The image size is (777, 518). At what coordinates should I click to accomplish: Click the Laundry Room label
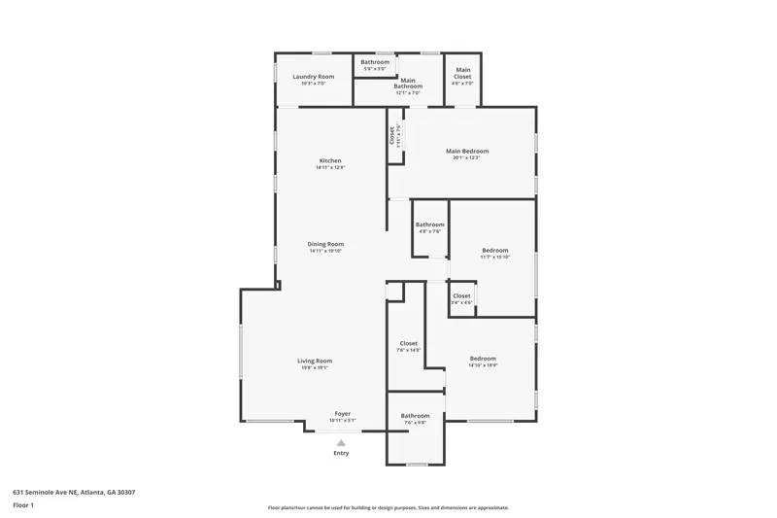(313, 76)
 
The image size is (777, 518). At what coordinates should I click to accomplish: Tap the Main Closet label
(463, 72)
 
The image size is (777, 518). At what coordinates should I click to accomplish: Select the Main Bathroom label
(408, 84)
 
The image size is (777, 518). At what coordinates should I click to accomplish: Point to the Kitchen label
(330, 160)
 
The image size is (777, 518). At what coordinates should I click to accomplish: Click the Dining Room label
(325, 244)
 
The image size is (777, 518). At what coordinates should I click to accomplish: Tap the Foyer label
(343, 413)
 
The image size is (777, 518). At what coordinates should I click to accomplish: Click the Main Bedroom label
(466, 151)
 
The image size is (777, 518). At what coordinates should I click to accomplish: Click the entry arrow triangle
(341, 442)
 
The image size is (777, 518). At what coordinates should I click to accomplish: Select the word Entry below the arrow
(341, 453)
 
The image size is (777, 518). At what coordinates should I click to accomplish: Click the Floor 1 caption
(24, 505)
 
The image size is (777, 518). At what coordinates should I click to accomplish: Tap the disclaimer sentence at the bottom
(388, 507)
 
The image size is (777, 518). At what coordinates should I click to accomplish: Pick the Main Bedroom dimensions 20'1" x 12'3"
(466, 157)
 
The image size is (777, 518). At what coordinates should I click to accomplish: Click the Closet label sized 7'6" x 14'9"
(409, 343)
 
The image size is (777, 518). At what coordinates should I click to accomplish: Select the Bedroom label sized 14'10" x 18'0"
(483, 358)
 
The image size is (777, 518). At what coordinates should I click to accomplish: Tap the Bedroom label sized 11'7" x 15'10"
(494, 251)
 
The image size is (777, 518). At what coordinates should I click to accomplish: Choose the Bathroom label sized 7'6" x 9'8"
(415, 416)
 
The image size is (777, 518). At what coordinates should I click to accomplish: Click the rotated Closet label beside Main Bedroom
(392, 135)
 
